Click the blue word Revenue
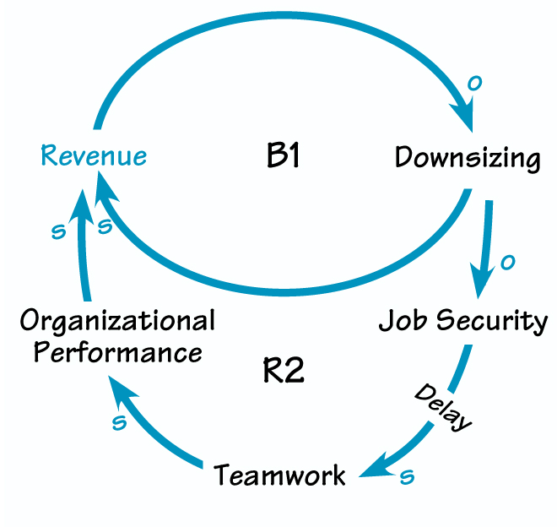(94, 155)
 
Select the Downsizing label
(468, 157)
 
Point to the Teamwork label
(279, 475)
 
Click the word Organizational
(117, 321)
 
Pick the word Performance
(117, 350)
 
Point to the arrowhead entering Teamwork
(372, 469)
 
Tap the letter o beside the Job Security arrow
(507, 263)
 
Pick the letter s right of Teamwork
(408, 477)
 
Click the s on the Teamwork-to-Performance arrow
(119, 423)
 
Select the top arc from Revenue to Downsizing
(278, 19)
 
